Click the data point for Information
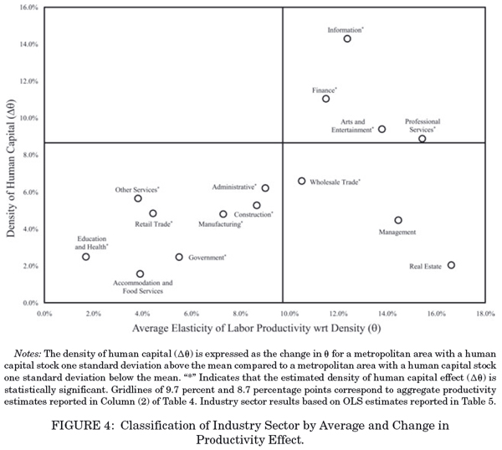pos(347,38)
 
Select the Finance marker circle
pos(325,99)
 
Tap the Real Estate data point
pos(451,265)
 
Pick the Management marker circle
pos(398,220)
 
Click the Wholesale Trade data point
pos(302,181)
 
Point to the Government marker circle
pos(179,258)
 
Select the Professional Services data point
pos(423,139)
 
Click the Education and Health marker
pos(86,257)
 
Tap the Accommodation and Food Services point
pos(140,274)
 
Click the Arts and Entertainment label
pos(351,126)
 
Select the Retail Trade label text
pos(153,224)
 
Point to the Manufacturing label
pos(220,225)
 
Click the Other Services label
pos(136,190)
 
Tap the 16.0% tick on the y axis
pos(28,8)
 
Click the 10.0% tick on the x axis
pos(283,314)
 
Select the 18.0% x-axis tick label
pos(484,314)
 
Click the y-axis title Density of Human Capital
pos(11,155)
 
